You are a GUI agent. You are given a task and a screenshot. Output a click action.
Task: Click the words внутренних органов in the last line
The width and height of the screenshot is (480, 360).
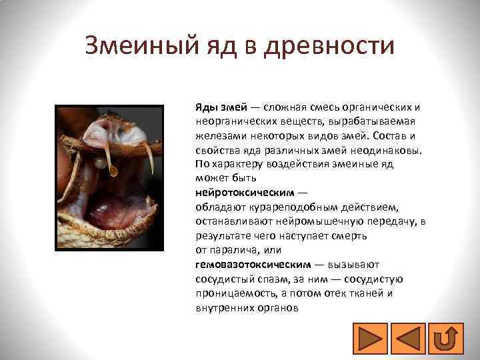coord(247,309)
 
